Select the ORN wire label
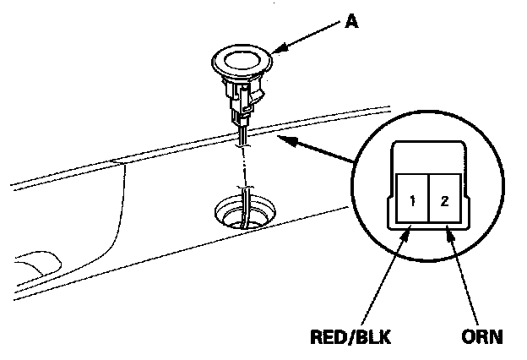click(483, 336)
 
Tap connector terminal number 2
click(443, 203)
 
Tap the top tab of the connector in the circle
click(426, 153)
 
